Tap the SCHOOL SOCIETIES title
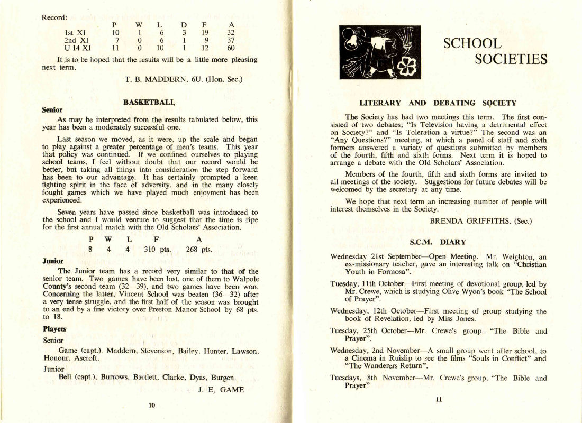(495, 51)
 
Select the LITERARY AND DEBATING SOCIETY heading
(438, 104)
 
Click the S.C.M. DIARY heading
(438, 242)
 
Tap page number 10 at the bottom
(152, 405)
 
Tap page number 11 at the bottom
(439, 400)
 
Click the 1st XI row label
(75, 31)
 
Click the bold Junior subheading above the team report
(53, 261)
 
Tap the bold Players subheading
(54, 329)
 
